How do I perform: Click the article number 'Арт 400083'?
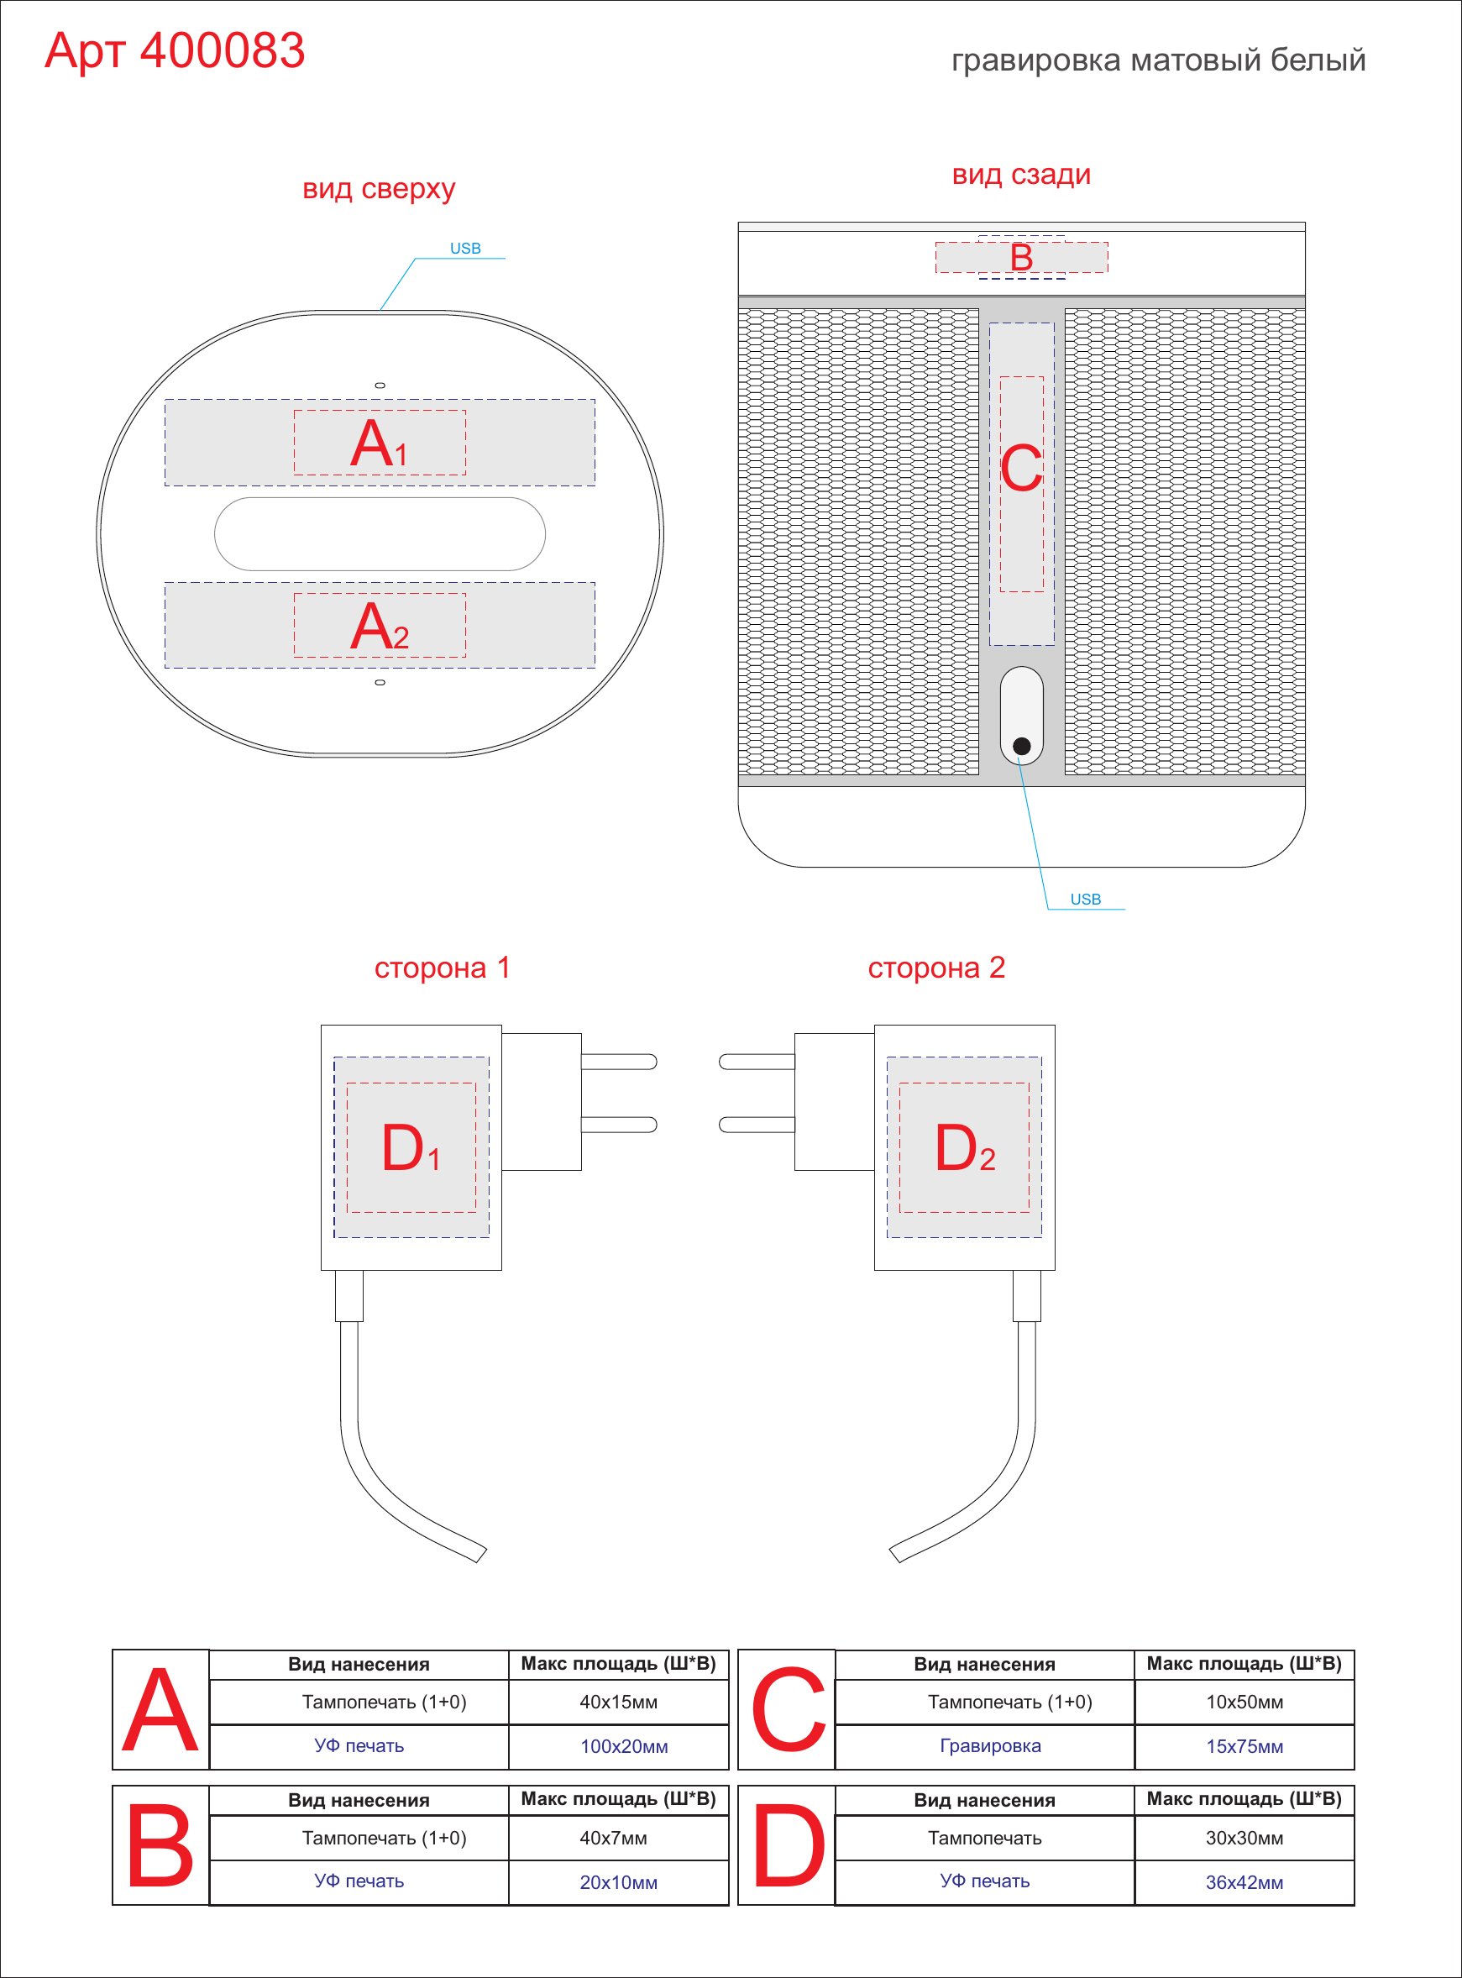175,50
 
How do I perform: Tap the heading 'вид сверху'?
379,188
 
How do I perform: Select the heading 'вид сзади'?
1021,175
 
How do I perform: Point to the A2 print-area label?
379,626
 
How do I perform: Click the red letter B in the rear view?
1021,258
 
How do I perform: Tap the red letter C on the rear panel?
1021,468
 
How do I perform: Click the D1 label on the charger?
411,1148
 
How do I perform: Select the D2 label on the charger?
965,1148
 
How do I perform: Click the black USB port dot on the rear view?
1021,746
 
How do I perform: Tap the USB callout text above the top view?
465,249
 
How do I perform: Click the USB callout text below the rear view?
1086,900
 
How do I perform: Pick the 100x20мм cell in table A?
624,1746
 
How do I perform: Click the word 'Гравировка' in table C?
990,1746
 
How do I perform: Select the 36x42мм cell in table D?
1245,1882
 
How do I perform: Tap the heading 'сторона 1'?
442,968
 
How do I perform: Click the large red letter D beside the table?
789,1846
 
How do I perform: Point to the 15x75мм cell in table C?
1245,1746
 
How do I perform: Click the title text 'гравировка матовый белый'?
1159,60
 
